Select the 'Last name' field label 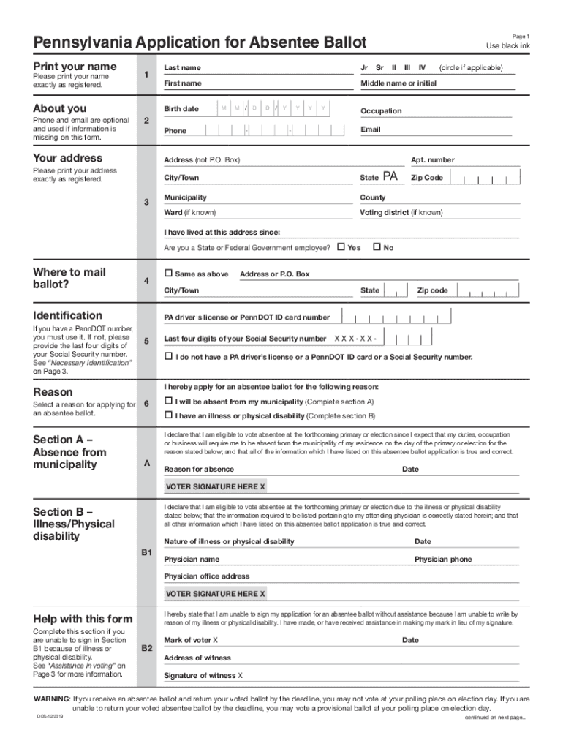click(x=182, y=68)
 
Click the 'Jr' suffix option click(x=364, y=68)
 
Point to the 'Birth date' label click(x=181, y=109)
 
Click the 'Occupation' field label click(x=380, y=111)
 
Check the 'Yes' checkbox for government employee click(x=341, y=247)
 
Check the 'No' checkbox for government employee click(x=377, y=247)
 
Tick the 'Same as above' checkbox click(x=168, y=274)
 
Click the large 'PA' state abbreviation click(x=390, y=177)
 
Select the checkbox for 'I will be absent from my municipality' click(x=168, y=402)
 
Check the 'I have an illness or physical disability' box click(x=168, y=415)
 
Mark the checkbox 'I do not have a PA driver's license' click(x=168, y=357)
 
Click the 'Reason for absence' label click(x=199, y=470)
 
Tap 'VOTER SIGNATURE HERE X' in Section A click(x=215, y=486)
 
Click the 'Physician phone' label click(x=443, y=560)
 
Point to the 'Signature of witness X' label click(x=203, y=676)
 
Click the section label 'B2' click(x=146, y=648)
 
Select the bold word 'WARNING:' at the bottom click(x=52, y=699)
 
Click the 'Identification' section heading click(x=68, y=316)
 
